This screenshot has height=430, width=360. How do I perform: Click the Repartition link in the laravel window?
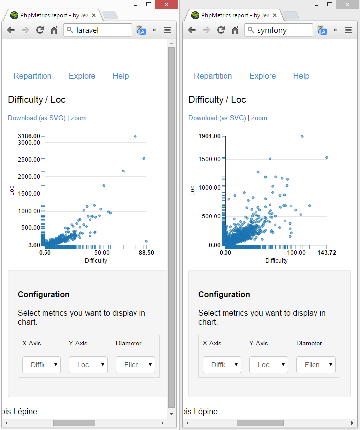pos(33,76)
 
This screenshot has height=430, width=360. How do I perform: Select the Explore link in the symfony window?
pos(263,76)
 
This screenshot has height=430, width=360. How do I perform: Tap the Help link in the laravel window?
pos(121,76)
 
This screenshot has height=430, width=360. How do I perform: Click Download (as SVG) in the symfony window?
pos(217,118)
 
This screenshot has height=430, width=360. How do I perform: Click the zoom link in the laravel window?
pos(79,118)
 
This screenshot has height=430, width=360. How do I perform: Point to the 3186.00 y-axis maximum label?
pos(29,136)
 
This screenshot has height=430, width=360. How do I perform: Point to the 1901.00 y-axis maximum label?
pos(209,136)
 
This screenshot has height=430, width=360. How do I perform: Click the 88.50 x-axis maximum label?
pos(146,252)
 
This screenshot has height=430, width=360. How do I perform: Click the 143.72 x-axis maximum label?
pos(327,252)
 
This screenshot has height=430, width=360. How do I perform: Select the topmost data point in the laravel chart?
pos(135,136)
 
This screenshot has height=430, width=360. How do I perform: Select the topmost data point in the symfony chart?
pos(302,136)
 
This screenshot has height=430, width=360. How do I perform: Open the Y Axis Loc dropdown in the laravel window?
pos(88,365)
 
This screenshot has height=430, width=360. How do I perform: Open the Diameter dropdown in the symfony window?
pos(316,365)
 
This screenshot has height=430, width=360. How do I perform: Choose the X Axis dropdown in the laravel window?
pos(42,365)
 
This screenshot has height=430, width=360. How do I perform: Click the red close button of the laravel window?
pos(167,5)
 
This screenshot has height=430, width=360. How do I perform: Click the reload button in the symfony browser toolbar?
pos(221,30)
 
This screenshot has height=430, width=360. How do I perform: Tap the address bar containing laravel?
pos(98,30)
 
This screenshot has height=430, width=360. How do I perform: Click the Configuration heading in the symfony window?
pos(225,294)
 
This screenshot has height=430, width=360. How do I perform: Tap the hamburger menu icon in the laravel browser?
pos(167,30)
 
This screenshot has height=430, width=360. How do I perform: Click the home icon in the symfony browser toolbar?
pos(235,30)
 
